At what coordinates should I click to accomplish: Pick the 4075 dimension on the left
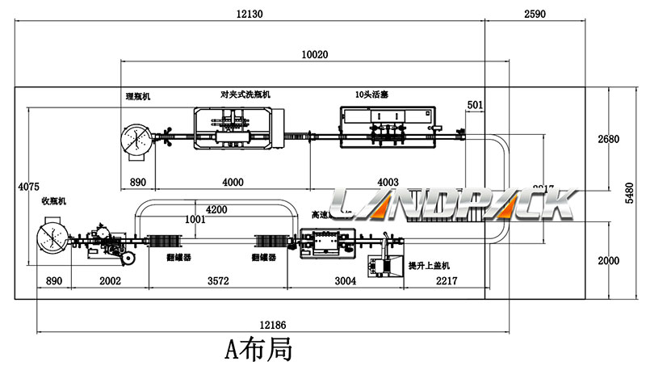[x=27, y=187]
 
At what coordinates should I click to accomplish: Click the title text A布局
[x=258, y=351]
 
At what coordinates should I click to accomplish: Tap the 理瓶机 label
[x=137, y=96]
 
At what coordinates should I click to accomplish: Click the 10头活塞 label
[x=371, y=95]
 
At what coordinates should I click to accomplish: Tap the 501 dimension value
[x=476, y=105]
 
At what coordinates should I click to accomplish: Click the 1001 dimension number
[x=194, y=219]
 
